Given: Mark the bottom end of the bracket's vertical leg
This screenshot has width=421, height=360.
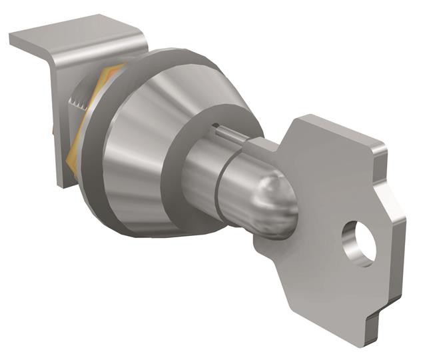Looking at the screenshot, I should [x=61, y=181].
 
